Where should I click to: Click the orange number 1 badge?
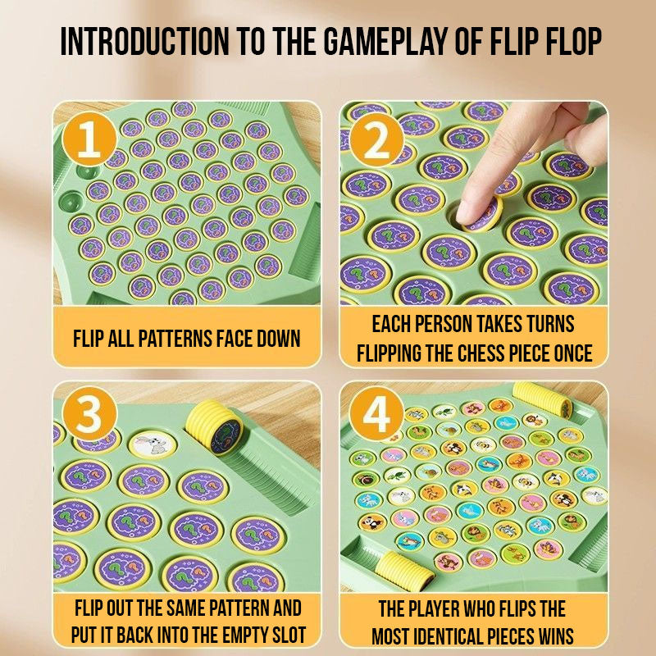pyautogui.click(x=89, y=139)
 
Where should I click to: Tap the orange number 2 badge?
pyautogui.click(x=376, y=139)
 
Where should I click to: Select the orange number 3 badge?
pyautogui.click(x=89, y=414)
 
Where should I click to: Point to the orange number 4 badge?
pyautogui.click(x=376, y=414)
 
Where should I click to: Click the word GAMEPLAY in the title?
pyautogui.click(x=385, y=41)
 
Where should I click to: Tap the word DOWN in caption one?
pyautogui.click(x=278, y=339)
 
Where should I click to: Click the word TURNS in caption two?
pyautogui.click(x=550, y=324)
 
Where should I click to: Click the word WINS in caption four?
pyautogui.click(x=556, y=636)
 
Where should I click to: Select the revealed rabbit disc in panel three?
pyautogui.click(x=153, y=445)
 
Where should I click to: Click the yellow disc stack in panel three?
pyautogui.click(x=214, y=427)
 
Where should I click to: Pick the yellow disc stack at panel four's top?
pyautogui.click(x=543, y=400)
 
